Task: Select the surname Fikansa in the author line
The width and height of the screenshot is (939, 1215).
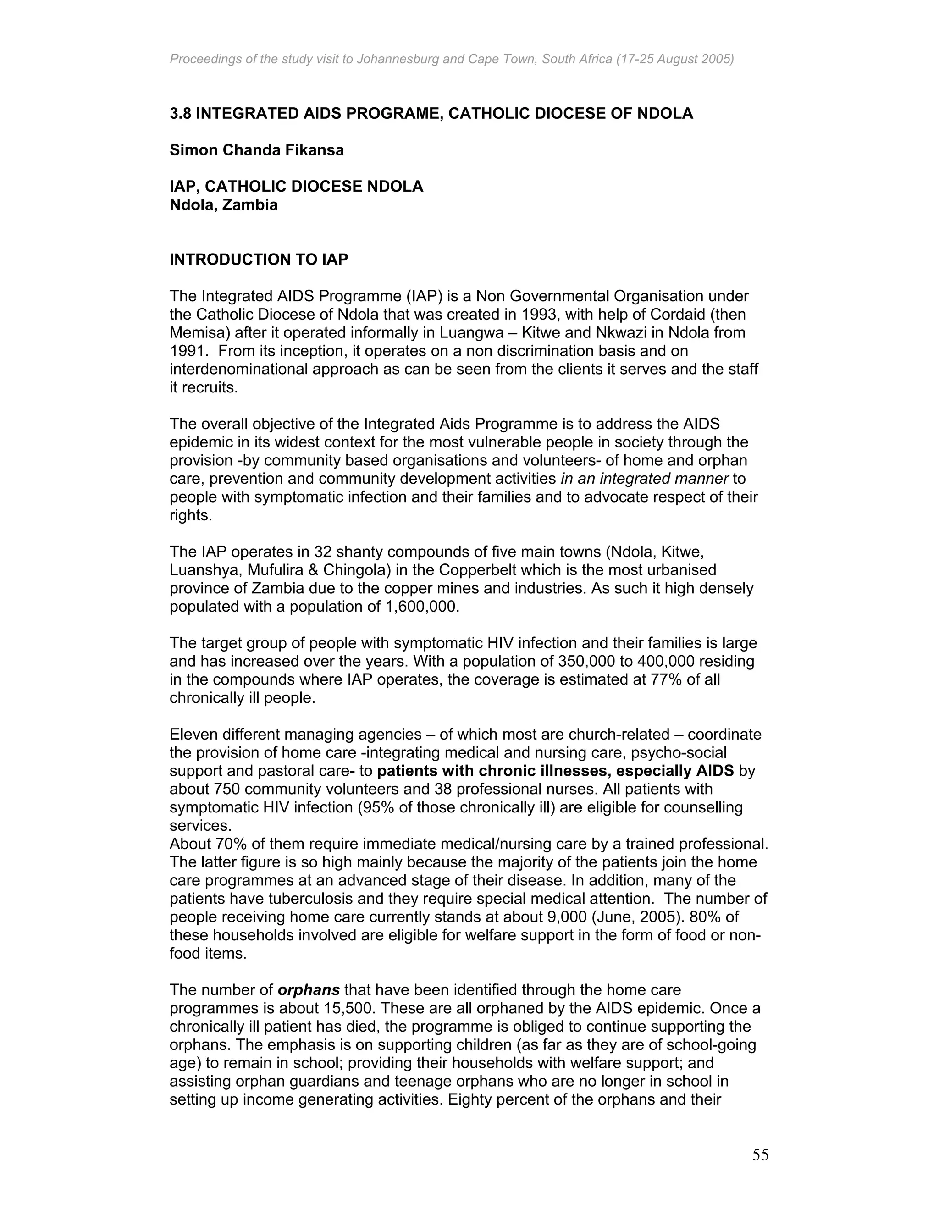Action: pos(319,150)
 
